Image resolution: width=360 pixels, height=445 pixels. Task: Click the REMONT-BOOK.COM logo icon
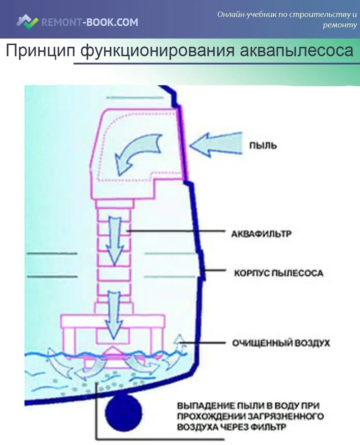coord(27,22)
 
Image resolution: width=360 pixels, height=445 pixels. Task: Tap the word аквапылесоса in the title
coord(296,51)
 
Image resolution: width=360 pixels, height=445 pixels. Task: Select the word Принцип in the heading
coord(40,51)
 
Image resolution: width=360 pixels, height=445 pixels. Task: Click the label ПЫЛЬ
coord(263,146)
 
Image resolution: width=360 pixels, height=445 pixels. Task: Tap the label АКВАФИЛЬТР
coord(261,234)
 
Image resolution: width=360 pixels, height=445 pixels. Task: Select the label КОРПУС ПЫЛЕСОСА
coord(278,273)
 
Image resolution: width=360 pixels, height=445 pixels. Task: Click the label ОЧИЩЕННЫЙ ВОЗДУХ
coord(281,343)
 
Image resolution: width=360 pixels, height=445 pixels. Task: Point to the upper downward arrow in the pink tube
coord(115,240)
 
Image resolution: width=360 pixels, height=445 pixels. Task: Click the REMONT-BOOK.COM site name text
coord(90,22)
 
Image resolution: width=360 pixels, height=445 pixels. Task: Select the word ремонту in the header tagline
coord(340,25)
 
